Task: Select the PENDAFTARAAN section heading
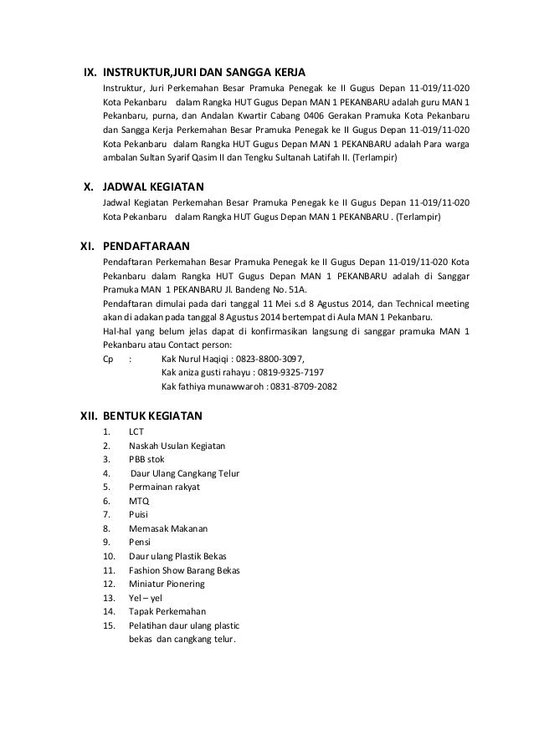146,246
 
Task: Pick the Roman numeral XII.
82,414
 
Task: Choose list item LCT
136,432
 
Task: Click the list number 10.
108,556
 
